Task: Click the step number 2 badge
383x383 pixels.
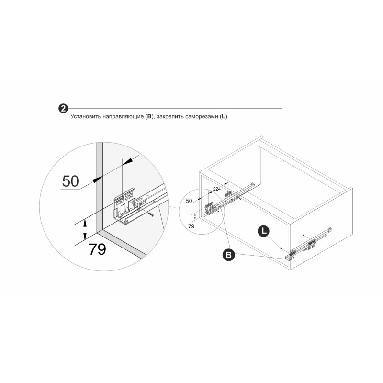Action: pyautogui.click(x=63, y=108)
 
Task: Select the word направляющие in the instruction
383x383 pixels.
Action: pyautogui.click(x=123, y=117)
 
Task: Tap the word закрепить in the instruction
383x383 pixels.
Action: pyautogui.click(x=170, y=117)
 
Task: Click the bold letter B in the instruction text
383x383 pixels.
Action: pyautogui.click(x=149, y=116)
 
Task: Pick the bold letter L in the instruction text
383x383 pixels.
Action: pyautogui.click(x=223, y=116)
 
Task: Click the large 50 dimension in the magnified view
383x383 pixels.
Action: pyautogui.click(x=70, y=181)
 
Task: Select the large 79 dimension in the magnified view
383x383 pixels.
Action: pyautogui.click(x=97, y=249)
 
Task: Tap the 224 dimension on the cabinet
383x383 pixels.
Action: pyautogui.click(x=217, y=189)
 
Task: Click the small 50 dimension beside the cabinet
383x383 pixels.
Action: pyautogui.click(x=189, y=201)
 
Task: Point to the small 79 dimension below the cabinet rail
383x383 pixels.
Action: pyautogui.click(x=191, y=226)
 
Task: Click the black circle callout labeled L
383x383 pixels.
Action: pyautogui.click(x=264, y=231)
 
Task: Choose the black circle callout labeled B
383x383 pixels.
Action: pyautogui.click(x=229, y=255)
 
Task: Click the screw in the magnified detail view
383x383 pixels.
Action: pyautogui.click(x=151, y=214)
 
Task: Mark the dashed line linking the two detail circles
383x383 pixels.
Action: pyautogui.click(x=174, y=208)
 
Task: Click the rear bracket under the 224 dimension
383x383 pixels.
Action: pyautogui.click(x=228, y=194)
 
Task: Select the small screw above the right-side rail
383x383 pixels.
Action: pyautogui.click(x=304, y=235)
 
